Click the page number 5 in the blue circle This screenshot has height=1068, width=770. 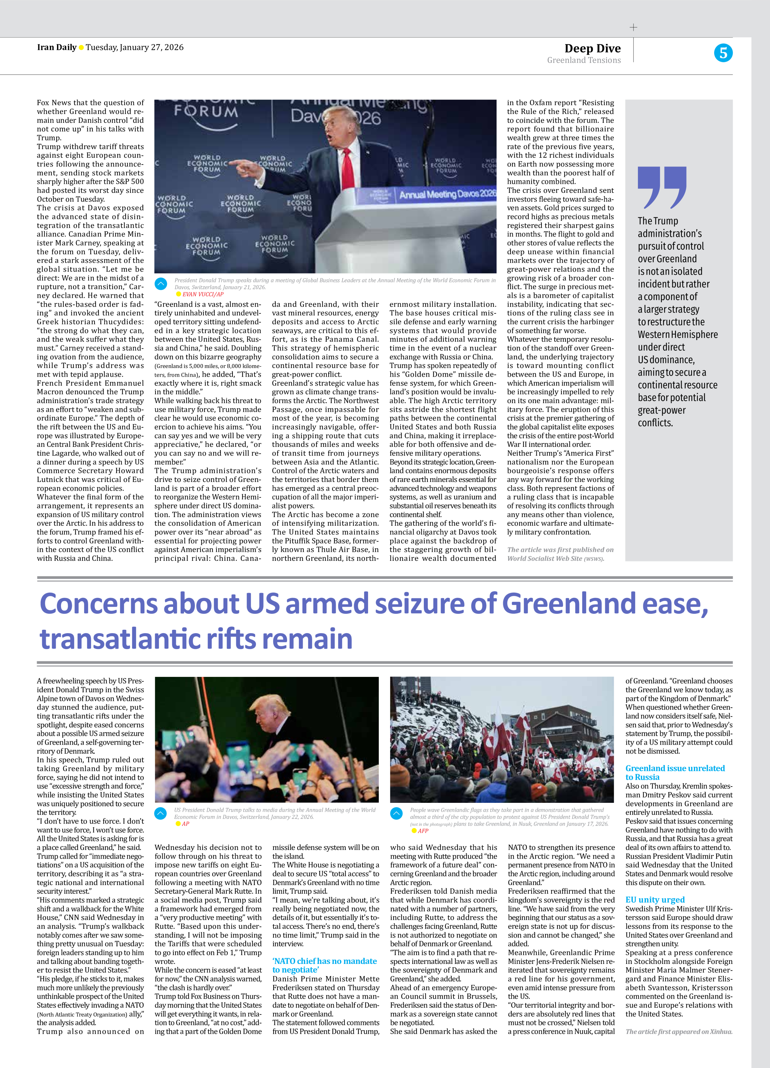[723, 53]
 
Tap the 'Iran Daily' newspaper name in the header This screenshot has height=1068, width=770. [56, 47]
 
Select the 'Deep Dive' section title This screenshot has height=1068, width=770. [593, 48]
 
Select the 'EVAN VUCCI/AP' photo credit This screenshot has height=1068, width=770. [202, 294]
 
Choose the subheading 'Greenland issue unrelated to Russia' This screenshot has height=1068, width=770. [675, 772]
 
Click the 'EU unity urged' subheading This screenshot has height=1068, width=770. [654, 900]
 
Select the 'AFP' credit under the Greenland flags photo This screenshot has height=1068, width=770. [423, 831]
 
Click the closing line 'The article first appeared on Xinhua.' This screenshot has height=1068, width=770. [679, 1031]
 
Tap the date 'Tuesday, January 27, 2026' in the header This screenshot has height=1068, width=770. [135, 47]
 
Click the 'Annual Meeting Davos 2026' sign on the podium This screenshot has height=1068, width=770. [447, 194]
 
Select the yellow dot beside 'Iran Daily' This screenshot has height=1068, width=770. [81, 47]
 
